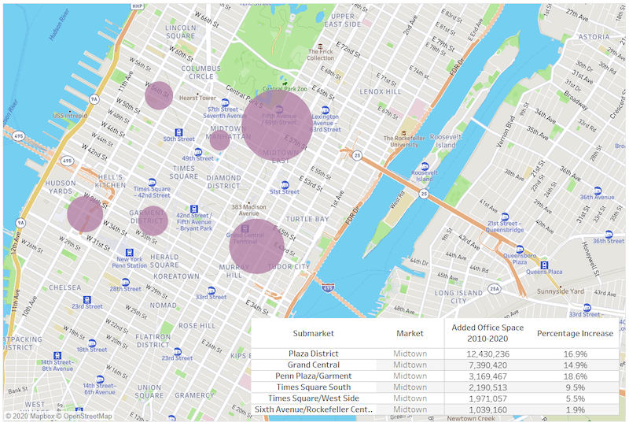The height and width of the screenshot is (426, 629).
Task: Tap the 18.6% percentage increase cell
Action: tap(575, 376)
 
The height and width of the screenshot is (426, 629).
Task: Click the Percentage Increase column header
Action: tap(575, 333)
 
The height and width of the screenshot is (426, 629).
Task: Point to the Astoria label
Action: tap(594, 36)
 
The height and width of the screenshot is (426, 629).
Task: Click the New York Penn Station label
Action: tap(131, 262)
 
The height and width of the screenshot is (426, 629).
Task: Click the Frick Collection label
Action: tap(320, 54)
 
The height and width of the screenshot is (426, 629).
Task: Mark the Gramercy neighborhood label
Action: tap(194, 395)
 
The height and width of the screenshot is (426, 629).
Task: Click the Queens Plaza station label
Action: tap(545, 271)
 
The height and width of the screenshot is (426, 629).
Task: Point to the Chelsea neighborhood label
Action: tap(64, 287)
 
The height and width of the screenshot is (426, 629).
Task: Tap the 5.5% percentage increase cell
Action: tap(575, 398)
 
